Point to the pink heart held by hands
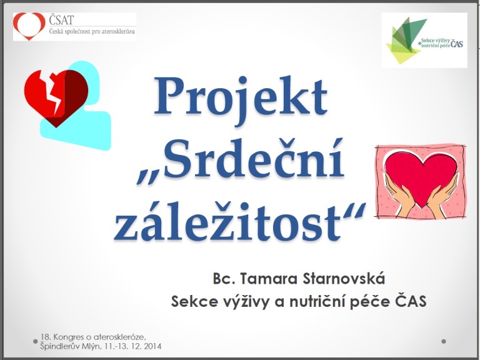pos(421,177)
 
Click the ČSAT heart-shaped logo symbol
pos(29,26)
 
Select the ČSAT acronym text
pos(61,20)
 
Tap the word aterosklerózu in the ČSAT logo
pos(118,31)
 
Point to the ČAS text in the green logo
pos(457,44)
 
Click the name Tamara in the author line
pos(268,279)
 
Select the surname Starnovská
pos(344,278)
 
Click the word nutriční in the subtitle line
pos(317,301)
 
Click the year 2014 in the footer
pos(151,346)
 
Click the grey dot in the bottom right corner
pos(444,341)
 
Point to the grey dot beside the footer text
pos(35,341)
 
